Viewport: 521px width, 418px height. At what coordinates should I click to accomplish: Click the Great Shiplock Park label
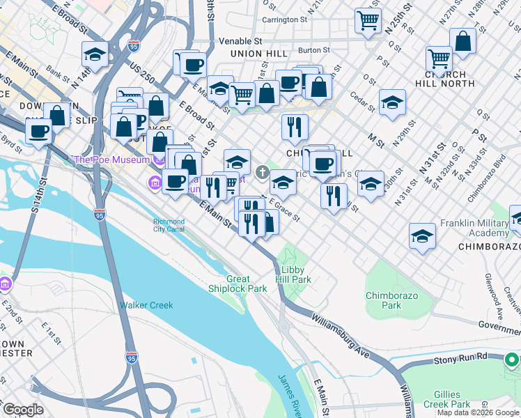tap(238, 284)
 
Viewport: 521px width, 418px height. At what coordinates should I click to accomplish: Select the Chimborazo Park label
tap(392, 300)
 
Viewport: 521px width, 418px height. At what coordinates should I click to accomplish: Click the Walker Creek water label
tap(146, 305)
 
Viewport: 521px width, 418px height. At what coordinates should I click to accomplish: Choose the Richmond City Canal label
tap(169, 226)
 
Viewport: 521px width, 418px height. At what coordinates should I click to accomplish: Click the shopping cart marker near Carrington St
tap(368, 20)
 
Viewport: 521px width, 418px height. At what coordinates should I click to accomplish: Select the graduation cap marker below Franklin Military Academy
tap(422, 235)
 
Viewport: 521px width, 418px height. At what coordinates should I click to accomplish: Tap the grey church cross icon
tap(263, 171)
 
